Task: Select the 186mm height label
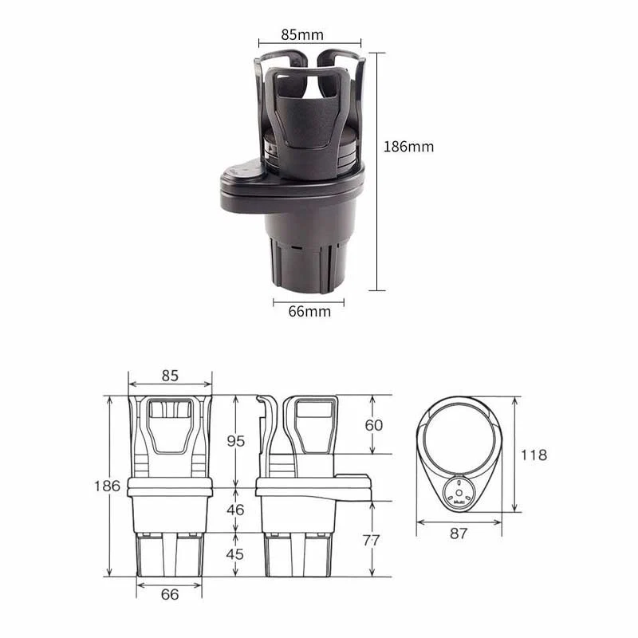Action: click(408, 147)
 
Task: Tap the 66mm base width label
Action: click(309, 312)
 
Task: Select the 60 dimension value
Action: click(373, 424)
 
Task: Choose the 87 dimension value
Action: click(458, 534)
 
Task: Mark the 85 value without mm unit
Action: click(170, 374)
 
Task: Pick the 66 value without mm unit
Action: click(169, 594)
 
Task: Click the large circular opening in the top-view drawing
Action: click(458, 438)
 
